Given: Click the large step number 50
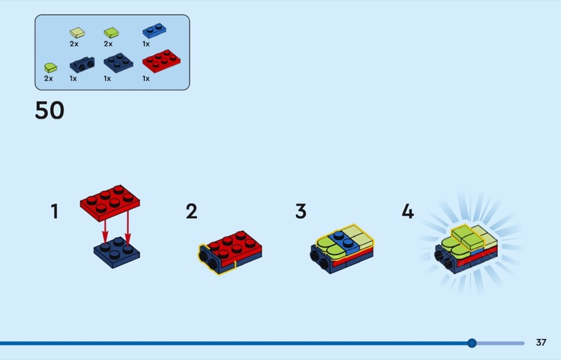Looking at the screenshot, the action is pos(50,110).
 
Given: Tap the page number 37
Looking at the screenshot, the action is pos(541,342).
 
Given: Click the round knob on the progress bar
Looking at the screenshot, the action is pos(472,343).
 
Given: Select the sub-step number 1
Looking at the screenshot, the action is pos(55,211).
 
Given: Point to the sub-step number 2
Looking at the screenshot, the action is pos(191,211).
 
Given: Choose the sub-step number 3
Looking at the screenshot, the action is pos(301,211).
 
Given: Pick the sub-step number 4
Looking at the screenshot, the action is pos(408,211).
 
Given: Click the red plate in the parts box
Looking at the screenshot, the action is pos(161,61).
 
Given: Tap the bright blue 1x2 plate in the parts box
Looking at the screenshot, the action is pos(154,30).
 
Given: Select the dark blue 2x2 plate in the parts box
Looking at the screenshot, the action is pos(119,62).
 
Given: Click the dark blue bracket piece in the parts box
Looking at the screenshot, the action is pos(82,65).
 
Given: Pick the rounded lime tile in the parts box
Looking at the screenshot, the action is pos(50,67).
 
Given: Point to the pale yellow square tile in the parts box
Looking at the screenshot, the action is pos(77,32).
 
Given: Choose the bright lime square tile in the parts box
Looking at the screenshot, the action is pos(111,32).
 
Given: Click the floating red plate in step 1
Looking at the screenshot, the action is pos(110,203).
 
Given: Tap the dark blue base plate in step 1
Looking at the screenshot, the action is pos(117,252).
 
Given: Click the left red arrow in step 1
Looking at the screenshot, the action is pos(104,232).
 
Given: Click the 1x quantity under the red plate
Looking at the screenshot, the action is pos(146,79).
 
